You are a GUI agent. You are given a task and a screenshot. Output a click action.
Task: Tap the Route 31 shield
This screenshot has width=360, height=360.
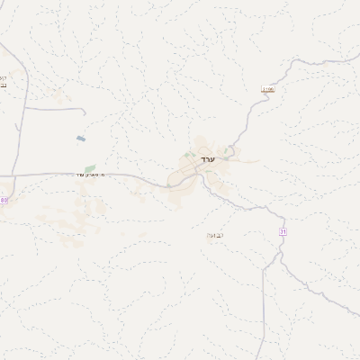[x=283, y=232]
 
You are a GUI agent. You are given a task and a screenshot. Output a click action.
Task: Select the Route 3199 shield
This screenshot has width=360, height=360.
[x=266, y=90]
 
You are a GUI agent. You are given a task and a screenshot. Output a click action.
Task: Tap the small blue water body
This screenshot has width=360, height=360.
[x=80, y=139]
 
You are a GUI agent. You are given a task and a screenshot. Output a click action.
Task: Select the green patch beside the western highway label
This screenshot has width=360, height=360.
[x=90, y=167]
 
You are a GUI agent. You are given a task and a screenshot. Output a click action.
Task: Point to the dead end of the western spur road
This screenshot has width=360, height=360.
[x=85, y=112]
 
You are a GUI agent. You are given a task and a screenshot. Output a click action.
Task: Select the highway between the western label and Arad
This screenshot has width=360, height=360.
[x=144, y=177]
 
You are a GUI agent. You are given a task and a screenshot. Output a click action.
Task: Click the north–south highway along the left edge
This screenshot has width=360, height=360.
[x=22, y=126]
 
